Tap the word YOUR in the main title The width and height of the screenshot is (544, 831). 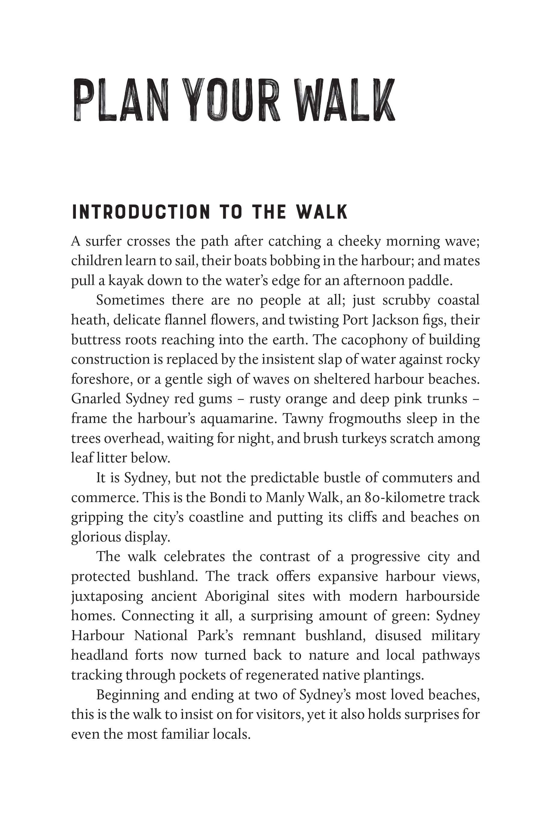click(x=232, y=100)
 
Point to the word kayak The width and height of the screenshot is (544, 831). click(x=125, y=281)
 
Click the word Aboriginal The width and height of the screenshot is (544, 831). click(x=237, y=596)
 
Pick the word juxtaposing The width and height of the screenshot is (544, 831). click(x=107, y=596)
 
